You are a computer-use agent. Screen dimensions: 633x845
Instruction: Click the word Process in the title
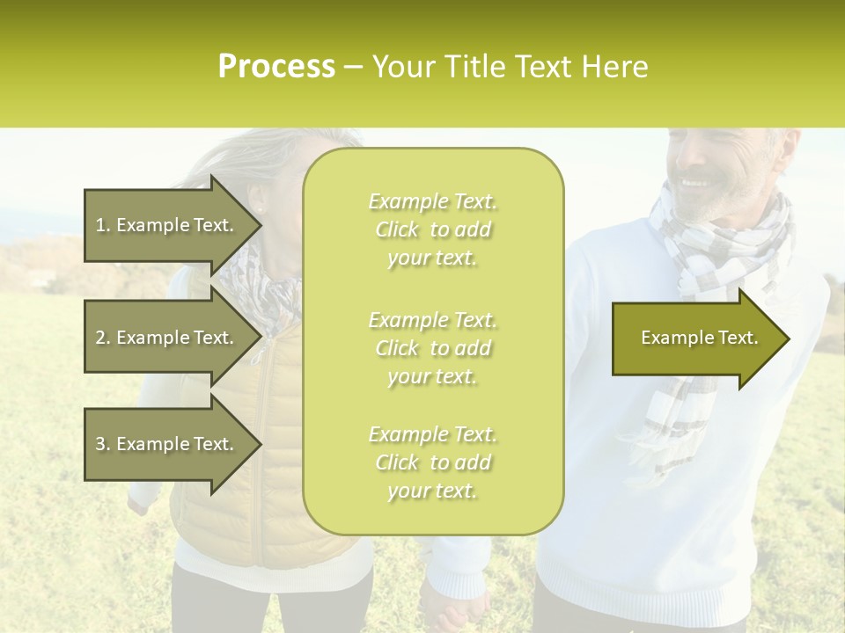(x=276, y=67)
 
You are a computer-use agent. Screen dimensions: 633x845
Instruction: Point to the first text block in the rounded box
(x=432, y=229)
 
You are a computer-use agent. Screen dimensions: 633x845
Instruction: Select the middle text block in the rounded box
(x=432, y=348)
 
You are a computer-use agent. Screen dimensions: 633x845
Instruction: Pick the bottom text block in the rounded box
(x=432, y=462)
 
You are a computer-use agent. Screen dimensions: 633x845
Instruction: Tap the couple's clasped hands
(x=453, y=606)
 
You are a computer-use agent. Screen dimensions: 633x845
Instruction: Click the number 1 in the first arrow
(x=100, y=225)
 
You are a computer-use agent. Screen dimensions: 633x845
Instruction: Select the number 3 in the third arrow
(x=100, y=444)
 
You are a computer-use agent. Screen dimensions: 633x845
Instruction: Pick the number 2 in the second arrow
(x=100, y=338)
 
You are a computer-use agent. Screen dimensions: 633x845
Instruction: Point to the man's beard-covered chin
(x=704, y=211)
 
